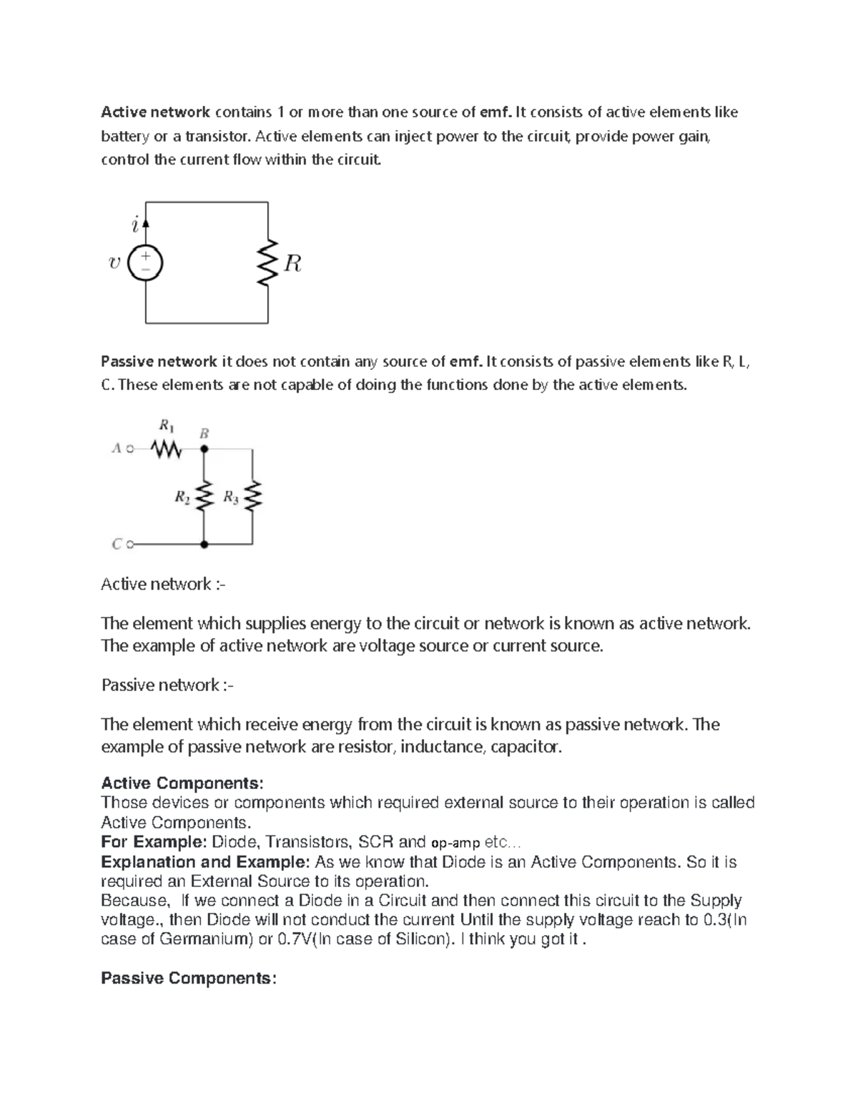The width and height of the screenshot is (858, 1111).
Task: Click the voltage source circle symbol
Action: (145, 263)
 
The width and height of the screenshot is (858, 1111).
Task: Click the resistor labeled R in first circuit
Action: (268, 263)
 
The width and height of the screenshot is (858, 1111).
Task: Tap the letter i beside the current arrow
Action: (134, 225)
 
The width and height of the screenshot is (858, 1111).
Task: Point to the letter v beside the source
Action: (114, 263)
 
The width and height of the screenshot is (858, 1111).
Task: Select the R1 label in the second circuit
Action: (166, 426)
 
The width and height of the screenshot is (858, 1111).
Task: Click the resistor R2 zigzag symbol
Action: (204, 496)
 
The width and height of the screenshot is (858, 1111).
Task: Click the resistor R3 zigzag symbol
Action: (252, 496)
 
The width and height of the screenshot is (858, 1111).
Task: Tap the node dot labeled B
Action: (204, 450)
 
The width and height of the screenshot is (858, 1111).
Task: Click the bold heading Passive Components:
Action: (188, 978)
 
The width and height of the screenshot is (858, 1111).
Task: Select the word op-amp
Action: (455, 842)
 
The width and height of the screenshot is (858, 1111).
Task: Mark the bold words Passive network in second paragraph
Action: (159, 362)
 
